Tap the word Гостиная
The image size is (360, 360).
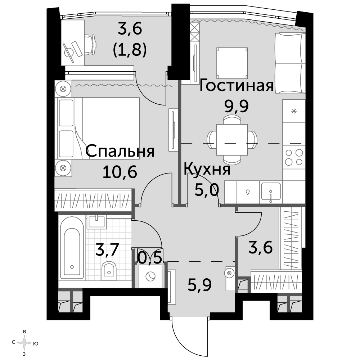click(x=237, y=86)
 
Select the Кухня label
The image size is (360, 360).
click(x=207, y=170)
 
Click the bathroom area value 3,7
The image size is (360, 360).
click(x=107, y=250)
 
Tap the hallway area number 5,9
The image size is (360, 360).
click(x=199, y=285)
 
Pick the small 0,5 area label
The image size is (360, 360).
click(x=150, y=258)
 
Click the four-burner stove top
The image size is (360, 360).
click(x=294, y=157)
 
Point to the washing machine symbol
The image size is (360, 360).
click(x=150, y=276)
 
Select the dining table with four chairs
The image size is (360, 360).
click(x=232, y=140)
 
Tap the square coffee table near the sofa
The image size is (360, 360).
click(x=232, y=63)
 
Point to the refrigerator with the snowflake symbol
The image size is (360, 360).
click(x=294, y=111)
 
